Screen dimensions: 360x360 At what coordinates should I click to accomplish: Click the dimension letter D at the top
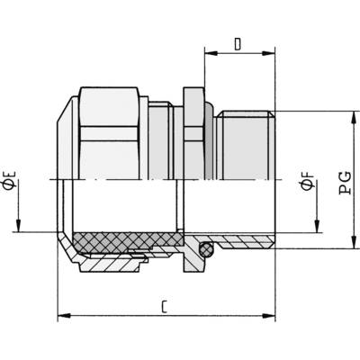point(238,44)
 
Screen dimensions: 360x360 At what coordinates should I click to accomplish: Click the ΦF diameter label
point(308,182)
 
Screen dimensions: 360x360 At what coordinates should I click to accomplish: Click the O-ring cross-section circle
point(206,249)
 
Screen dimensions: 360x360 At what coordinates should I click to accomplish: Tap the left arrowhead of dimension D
point(211,53)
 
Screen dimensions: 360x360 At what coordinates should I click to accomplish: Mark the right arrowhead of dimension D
point(269,53)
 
